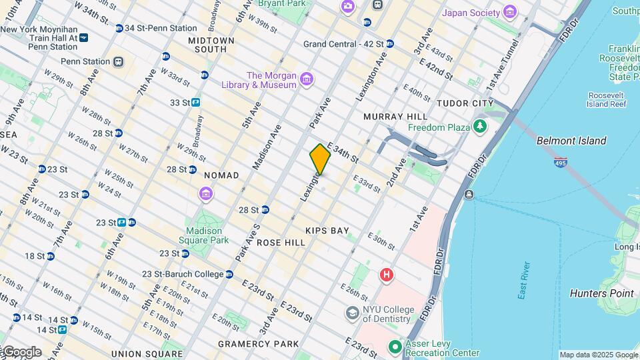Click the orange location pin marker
320,159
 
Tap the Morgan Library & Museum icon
307,80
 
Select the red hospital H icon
385,275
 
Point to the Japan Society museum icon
510,13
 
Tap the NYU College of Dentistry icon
352,313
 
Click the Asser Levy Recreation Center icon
395,347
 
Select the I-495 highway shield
561,163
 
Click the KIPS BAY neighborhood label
327,231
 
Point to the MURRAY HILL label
395,117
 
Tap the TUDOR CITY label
465,103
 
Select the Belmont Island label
571,141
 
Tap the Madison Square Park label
207,235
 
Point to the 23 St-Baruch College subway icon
229,274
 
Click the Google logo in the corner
21,351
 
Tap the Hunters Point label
601,293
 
